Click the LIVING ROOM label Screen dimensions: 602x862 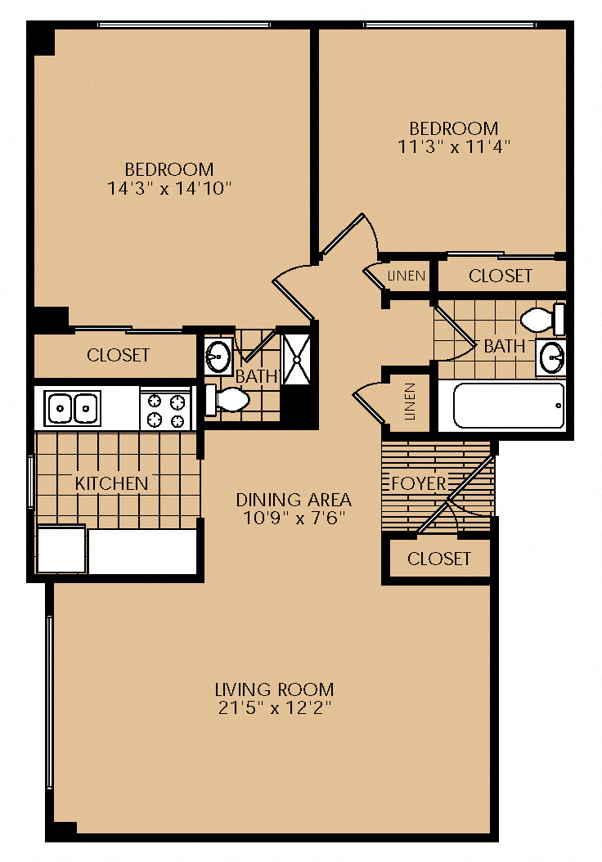coord(274,689)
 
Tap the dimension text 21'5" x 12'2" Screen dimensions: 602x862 coord(275,707)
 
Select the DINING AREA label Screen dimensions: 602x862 coord(294,500)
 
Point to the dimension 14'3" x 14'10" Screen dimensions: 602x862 coord(169,189)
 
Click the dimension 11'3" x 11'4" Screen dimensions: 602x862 coord(454,146)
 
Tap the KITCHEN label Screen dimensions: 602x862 coord(111,484)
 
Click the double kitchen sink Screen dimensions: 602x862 coord(73,408)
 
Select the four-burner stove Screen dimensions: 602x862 coord(165,409)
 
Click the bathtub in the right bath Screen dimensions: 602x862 coord(509,406)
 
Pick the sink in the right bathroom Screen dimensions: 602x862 coord(551,357)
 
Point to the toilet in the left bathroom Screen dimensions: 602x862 coord(227,400)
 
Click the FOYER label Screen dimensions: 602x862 coord(419,484)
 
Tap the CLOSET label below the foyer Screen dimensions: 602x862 coord(439,559)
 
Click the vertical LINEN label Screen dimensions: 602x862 coord(410,402)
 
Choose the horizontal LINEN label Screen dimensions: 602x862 coord(407,276)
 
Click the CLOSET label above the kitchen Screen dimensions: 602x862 coord(119,355)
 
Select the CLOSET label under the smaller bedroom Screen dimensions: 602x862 coord(501,276)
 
